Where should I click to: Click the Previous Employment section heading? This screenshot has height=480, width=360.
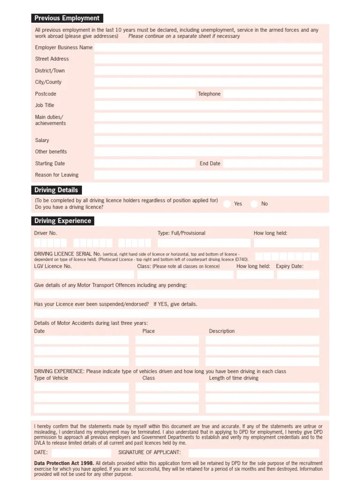click(x=67, y=18)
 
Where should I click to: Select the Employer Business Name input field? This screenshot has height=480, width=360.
click(x=208, y=47)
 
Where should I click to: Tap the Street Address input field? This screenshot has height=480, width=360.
click(x=208, y=59)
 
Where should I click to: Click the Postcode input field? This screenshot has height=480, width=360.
click(x=144, y=94)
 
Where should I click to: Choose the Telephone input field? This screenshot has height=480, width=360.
click(x=272, y=94)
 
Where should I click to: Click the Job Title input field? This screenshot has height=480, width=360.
click(x=208, y=105)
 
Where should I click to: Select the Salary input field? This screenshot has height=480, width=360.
click(x=208, y=140)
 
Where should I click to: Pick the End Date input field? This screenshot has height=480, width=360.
click(x=272, y=164)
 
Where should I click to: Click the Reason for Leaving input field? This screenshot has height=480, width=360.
click(x=208, y=175)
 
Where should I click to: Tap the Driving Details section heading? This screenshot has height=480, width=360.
click(x=56, y=190)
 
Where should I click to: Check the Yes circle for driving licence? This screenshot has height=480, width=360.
click(x=227, y=204)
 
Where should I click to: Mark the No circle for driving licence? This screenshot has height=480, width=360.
click(x=254, y=204)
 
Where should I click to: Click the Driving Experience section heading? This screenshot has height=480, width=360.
click(x=63, y=221)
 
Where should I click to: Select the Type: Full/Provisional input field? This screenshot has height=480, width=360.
click(x=203, y=243)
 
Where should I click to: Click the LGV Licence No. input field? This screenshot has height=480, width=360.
click(x=84, y=275)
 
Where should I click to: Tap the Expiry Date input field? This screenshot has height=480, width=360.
click(x=298, y=275)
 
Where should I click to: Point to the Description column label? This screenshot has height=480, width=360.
click(x=222, y=331)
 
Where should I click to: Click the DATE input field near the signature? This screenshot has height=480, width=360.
click(x=81, y=453)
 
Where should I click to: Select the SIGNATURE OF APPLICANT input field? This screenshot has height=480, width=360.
click(x=254, y=453)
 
